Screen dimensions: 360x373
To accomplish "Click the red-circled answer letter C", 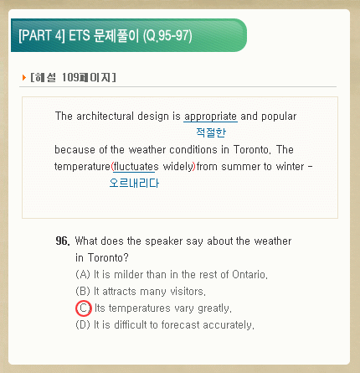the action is [x=84, y=308].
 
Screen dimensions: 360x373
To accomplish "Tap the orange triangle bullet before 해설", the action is [x=24, y=77].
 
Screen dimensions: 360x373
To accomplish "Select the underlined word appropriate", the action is [x=210, y=117].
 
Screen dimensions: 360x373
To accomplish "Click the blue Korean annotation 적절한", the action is [x=211, y=132].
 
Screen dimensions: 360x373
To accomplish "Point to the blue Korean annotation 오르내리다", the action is [x=134, y=183].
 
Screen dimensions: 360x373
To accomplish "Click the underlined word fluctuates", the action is [x=136, y=167].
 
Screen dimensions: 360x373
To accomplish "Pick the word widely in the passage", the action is [x=178, y=167].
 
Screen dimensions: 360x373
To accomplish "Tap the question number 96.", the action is [x=63, y=241].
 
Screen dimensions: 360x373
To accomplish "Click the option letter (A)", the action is [x=83, y=274].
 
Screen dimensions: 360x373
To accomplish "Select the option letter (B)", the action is [x=83, y=291].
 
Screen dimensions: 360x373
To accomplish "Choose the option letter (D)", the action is [x=83, y=324].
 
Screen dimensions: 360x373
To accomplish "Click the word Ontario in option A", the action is [x=249, y=274].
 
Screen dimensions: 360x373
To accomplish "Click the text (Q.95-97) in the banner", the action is [x=167, y=36].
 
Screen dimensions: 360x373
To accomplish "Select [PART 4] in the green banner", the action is [x=42, y=35].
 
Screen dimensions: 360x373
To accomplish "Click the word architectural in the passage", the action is [x=105, y=117].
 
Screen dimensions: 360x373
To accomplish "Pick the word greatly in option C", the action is [x=214, y=308].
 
